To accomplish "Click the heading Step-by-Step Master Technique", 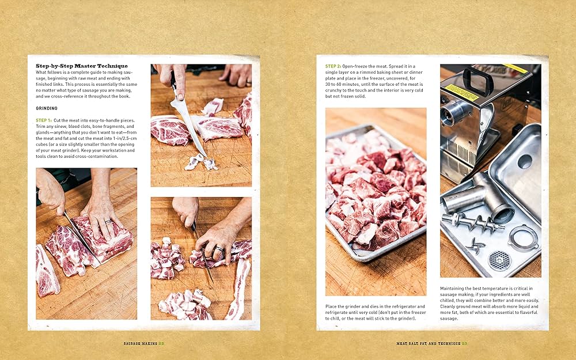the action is pyautogui.click(x=82, y=66).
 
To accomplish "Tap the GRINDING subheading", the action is pyautogui.click(x=47, y=108).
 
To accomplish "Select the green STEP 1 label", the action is pyautogui.click(x=44, y=120).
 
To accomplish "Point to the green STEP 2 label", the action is pyautogui.click(x=333, y=66).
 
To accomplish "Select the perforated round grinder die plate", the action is pyautogui.click(x=499, y=261).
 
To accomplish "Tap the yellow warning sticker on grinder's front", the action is pyautogui.click(x=462, y=93).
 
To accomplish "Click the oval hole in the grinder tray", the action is pyautogui.click(x=525, y=161).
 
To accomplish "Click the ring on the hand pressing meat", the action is pyautogui.click(x=108, y=222).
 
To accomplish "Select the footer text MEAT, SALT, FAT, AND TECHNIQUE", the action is pyautogui.click(x=429, y=343).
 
